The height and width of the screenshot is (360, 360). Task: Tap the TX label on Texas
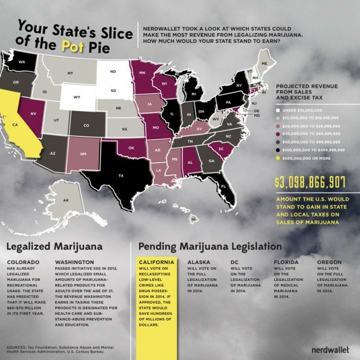pos(121,176)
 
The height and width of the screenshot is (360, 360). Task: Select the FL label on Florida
pos(223,186)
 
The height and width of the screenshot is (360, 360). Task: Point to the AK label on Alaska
pos(66,200)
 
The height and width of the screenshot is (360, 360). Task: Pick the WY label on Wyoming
pos(76,97)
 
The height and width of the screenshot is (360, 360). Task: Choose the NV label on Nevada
pos(33,114)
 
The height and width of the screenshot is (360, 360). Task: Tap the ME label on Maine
pos(264,64)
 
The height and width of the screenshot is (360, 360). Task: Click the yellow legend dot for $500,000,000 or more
pos(277,158)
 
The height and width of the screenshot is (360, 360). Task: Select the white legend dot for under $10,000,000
pos(277,110)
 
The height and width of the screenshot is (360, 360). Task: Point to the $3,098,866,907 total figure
pos(310,182)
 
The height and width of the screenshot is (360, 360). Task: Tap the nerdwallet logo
pos(330,349)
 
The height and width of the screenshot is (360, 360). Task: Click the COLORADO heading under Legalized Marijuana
pos(23,262)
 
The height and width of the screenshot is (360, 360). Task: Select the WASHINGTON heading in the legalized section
pos(74,262)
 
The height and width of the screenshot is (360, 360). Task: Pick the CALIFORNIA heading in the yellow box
pos(156,262)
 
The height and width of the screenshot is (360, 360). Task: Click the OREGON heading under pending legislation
pos(329,262)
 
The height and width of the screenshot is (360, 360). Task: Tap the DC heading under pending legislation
pos(234,262)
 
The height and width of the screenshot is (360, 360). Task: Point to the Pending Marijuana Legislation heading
pos(210,247)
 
